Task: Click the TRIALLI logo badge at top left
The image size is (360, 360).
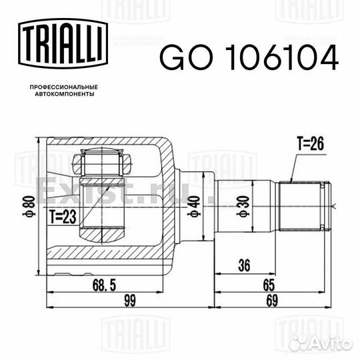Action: click(x=63, y=43)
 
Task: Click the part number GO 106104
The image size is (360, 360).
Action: click(x=249, y=57)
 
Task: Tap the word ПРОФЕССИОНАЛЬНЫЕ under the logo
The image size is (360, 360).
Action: click(x=64, y=87)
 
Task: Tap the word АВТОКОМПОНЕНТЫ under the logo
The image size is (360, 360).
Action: click(x=65, y=94)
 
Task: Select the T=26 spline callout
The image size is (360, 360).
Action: click(x=311, y=143)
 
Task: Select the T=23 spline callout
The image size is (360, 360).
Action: click(x=63, y=217)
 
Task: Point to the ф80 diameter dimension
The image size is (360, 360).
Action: click(x=29, y=206)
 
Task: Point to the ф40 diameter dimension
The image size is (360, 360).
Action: click(x=193, y=206)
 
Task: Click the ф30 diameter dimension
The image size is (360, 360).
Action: click(x=243, y=206)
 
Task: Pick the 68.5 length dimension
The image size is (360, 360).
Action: click(x=104, y=285)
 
